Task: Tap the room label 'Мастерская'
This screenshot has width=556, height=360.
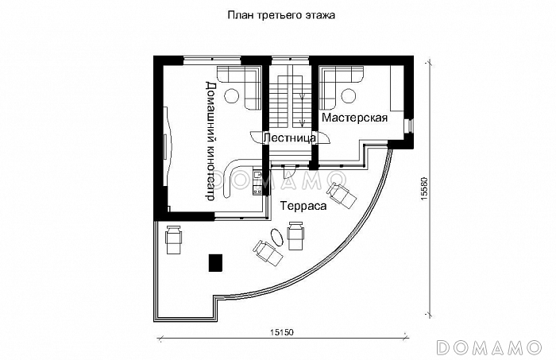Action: coord(354,118)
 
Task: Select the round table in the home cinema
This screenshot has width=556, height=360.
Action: coord(231,96)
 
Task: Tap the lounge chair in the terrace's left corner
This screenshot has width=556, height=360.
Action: coord(173,238)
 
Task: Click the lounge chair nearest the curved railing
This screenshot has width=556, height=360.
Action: coord(343,194)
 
